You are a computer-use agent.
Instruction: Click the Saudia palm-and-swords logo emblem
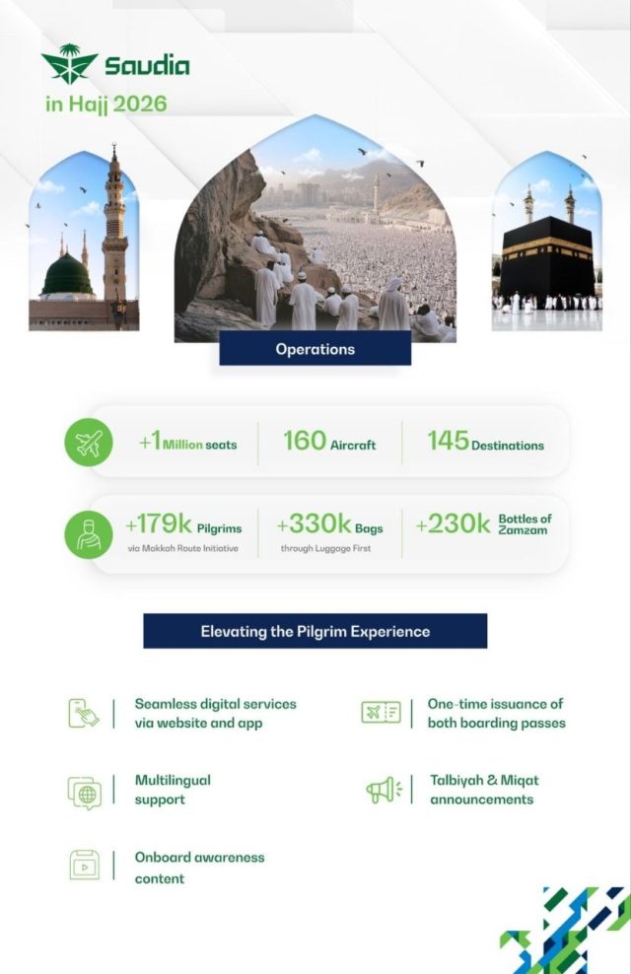(69, 64)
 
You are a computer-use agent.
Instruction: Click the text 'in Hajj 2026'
(105, 103)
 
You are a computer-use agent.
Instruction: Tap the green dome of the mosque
(67, 275)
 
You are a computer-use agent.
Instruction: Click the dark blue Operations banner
(315, 349)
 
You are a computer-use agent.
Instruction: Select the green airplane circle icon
(89, 444)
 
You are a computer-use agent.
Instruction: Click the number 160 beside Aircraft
(304, 441)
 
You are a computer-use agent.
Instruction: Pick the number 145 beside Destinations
(448, 441)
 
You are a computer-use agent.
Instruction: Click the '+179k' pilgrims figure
(159, 524)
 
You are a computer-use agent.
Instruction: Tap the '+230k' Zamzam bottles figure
(453, 524)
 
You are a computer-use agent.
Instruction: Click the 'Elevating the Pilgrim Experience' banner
(315, 631)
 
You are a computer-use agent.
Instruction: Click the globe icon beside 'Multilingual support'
(85, 792)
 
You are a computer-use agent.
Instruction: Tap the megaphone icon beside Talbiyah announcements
(383, 789)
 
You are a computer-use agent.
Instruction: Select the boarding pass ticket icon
(381, 712)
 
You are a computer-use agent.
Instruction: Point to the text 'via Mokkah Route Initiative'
(182, 548)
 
